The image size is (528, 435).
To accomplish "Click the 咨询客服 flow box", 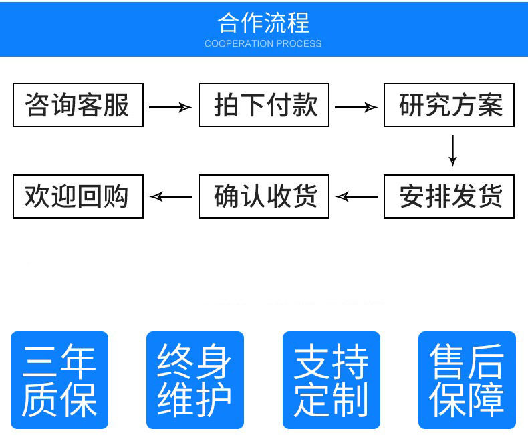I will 78,104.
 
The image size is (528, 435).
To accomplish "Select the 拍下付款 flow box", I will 264,104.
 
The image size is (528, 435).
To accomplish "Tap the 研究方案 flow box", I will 449,104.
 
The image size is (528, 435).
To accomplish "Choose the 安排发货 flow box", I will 449,196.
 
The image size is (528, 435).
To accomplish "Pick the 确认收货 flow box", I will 264,196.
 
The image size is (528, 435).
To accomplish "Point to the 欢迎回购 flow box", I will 78,196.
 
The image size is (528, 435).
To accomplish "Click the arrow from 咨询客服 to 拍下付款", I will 170,107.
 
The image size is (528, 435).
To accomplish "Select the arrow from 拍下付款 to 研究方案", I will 356,107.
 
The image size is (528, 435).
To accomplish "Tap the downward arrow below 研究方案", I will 452,150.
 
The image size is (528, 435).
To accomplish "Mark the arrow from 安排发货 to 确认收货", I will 357,196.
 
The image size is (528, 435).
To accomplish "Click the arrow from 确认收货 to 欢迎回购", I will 171,196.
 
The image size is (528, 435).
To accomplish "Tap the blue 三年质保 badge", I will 59,380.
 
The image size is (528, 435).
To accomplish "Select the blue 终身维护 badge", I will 195,380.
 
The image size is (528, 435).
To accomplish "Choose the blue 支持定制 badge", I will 332,380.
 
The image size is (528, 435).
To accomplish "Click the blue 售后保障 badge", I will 467,380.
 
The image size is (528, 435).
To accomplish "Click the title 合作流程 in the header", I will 263,23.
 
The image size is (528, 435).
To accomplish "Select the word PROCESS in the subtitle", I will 299,44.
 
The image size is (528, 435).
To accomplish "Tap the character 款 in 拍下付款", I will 304,105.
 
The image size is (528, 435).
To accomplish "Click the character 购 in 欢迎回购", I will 116,196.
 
